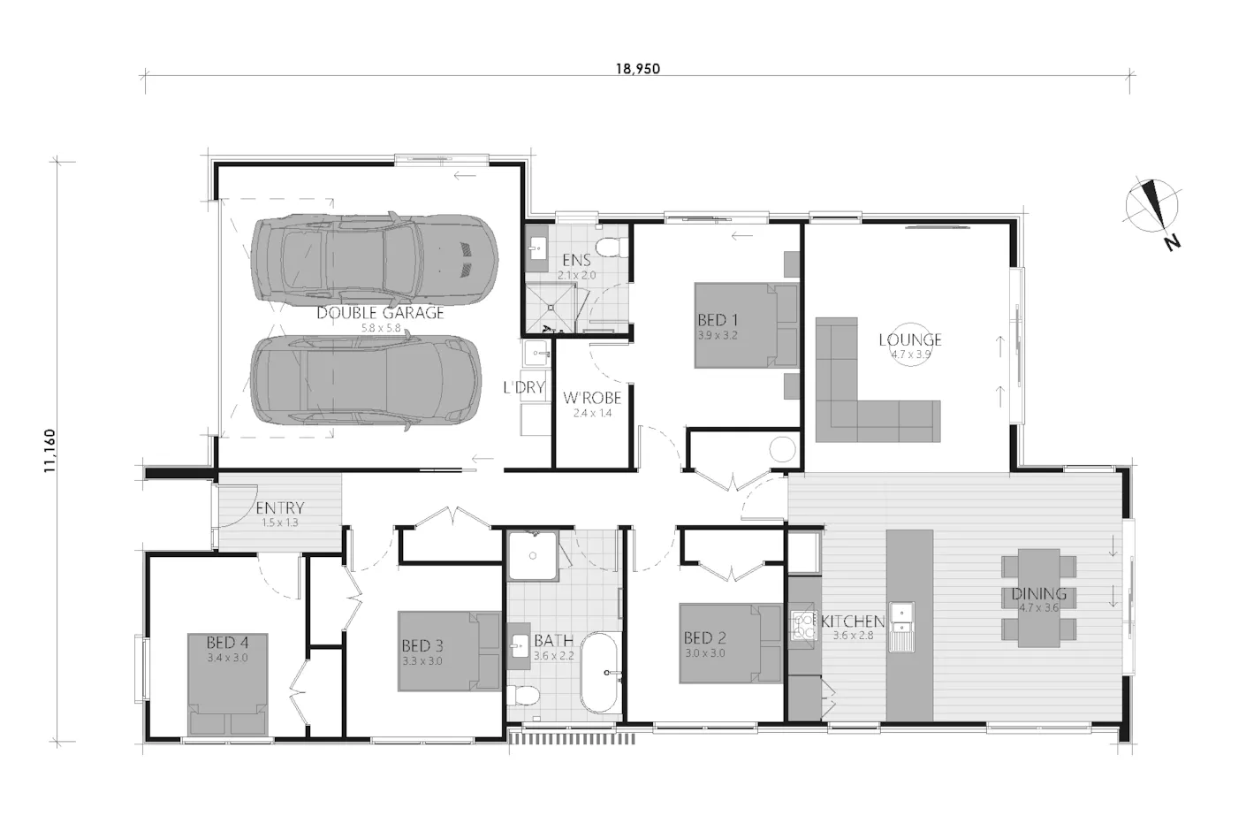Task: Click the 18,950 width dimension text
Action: click(637, 69)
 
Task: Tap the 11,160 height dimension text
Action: click(50, 451)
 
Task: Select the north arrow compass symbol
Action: click(1152, 212)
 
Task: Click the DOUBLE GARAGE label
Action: click(381, 313)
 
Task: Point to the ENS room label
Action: click(576, 260)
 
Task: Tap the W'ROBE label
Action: click(592, 398)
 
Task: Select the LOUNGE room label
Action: click(910, 339)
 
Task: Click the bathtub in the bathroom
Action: click(599, 672)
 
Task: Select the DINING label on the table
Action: click(1038, 594)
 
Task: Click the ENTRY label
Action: click(280, 508)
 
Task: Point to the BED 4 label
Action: click(227, 643)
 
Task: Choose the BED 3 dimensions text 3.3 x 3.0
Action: click(422, 661)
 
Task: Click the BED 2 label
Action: click(705, 638)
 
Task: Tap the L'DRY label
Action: click(524, 387)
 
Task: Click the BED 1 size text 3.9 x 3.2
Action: click(718, 335)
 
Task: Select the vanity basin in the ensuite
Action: click(537, 248)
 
